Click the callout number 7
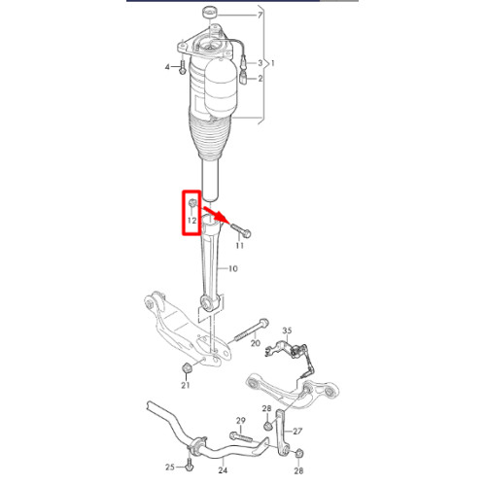(260, 16)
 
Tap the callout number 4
(167, 67)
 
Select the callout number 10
(233, 268)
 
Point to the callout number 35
(287, 330)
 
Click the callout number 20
(256, 343)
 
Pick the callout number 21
(186, 385)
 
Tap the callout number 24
(223, 469)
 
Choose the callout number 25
(170, 468)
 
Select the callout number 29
(241, 421)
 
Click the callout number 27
(297, 432)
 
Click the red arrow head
(222, 218)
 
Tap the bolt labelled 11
(241, 229)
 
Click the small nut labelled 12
(192, 203)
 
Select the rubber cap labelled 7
(210, 13)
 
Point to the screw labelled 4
(183, 67)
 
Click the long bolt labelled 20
(250, 330)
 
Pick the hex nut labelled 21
(187, 368)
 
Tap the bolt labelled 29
(241, 436)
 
